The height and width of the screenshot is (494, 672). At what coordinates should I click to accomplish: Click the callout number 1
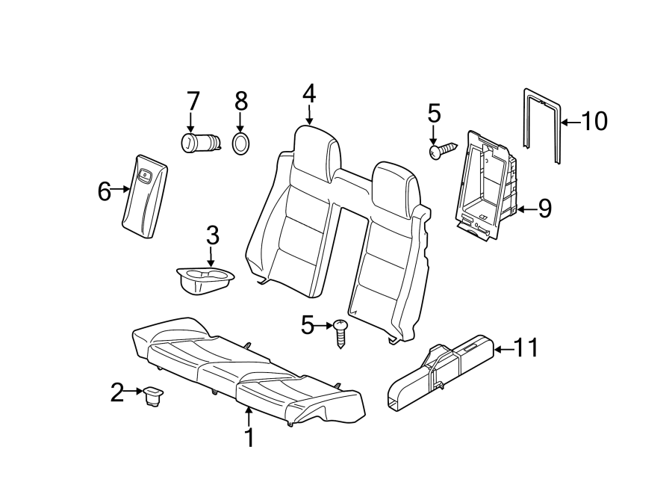pyautogui.click(x=250, y=437)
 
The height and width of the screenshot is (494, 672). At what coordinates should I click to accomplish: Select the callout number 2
pyautogui.click(x=116, y=392)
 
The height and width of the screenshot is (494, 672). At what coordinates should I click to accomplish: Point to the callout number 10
pyautogui.click(x=594, y=121)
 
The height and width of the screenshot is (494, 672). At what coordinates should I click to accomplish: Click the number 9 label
pyautogui.click(x=544, y=209)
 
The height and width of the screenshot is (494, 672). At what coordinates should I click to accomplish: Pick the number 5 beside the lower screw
pyautogui.click(x=308, y=325)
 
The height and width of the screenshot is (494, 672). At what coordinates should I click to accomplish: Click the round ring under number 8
pyautogui.click(x=240, y=143)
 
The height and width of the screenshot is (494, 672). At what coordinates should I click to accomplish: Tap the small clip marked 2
pyautogui.click(x=155, y=395)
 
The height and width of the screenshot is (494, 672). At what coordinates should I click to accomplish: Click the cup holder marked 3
pyautogui.click(x=203, y=281)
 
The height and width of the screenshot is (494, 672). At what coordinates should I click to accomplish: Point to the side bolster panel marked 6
pyautogui.click(x=144, y=197)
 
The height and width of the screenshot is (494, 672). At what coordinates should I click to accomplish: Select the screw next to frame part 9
pyautogui.click(x=442, y=151)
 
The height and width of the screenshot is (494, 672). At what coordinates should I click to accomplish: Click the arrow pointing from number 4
pyautogui.click(x=308, y=114)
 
